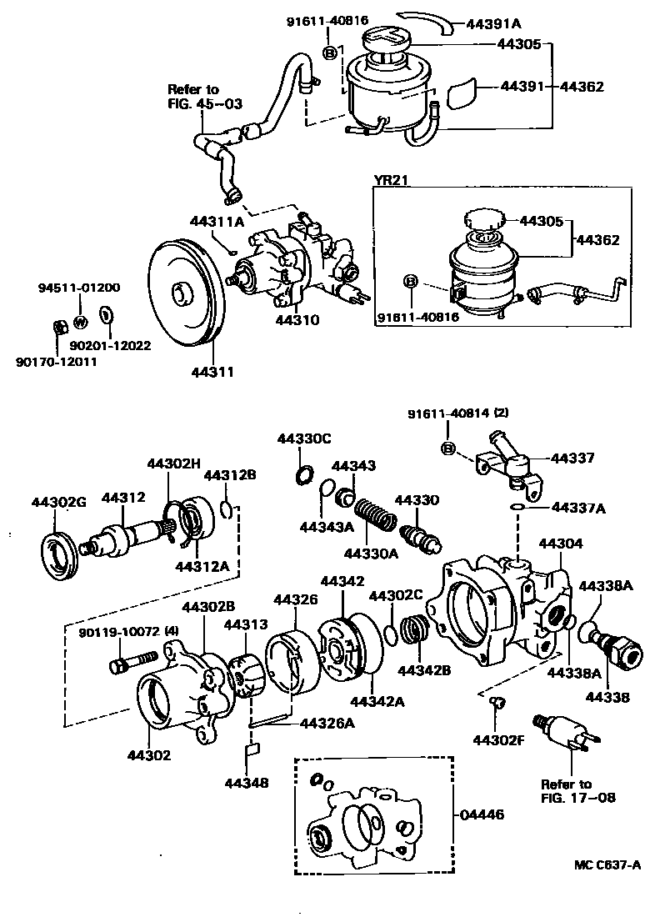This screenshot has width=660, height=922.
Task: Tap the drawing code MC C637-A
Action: [x=606, y=864]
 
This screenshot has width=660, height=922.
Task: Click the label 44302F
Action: [x=497, y=739]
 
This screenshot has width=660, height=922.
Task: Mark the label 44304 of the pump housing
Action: [x=562, y=543]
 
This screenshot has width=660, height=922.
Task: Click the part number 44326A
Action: [x=327, y=722]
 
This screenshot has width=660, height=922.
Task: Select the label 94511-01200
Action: [x=79, y=288]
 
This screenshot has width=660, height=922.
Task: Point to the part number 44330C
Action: [x=304, y=438]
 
